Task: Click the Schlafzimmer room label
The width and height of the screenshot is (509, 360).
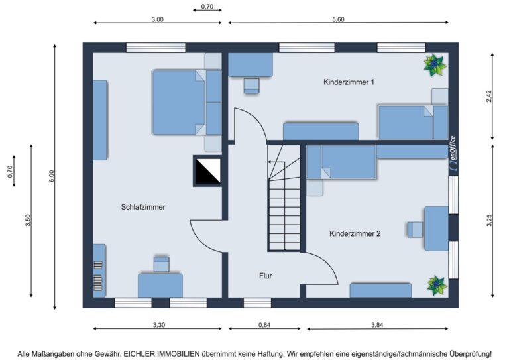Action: (x=143, y=207)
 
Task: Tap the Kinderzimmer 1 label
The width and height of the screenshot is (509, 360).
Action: (x=349, y=82)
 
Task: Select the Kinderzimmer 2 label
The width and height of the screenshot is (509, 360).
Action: (x=355, y=234)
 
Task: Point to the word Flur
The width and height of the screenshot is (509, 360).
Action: (x=266, y=276)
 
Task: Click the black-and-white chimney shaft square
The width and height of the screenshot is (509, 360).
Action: (x=207, y=171)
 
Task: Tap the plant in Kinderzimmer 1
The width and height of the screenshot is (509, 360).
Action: (x=435, y=65)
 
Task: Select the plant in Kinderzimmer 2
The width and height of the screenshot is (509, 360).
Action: (x=437, y=286)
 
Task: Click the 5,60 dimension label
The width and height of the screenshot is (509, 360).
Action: (x=338, y=19)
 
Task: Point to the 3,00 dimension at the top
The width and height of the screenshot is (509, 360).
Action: (x=158, y=19)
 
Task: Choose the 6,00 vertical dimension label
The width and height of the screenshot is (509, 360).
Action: (x=52, y=176)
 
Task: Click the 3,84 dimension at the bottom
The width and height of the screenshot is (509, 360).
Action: (x=377, y=325)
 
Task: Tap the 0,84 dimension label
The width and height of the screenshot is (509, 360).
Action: (x=264, y=325)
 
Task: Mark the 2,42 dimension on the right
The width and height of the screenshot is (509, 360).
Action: (x=490, y=96)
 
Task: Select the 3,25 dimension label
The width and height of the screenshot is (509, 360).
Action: (x=490, y=221)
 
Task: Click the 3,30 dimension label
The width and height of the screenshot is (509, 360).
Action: (x=159, y=325)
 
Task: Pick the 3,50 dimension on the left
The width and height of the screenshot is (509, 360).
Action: (x=28, y=221)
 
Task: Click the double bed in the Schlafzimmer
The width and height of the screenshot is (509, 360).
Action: (x=187, y=102)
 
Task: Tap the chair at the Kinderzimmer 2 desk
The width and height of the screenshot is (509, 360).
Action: (x=415, y=229)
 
